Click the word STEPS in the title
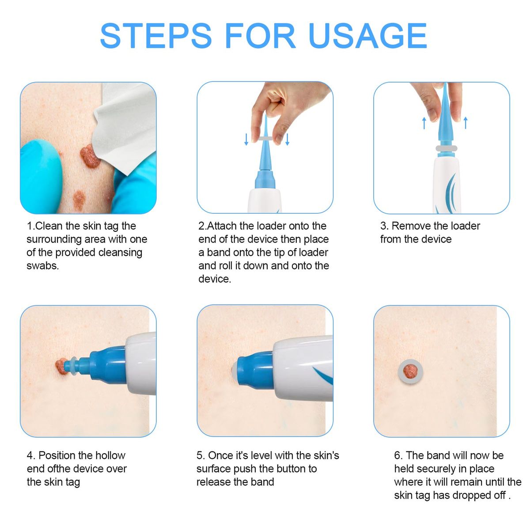point(155,36)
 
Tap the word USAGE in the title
point(368,36)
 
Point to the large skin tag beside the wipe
point(89,156)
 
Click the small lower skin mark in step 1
point(79,200)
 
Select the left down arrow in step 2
point(246,139)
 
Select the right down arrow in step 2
point(287,139)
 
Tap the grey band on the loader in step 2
point(266,139)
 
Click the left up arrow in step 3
point(424,123)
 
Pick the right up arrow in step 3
point(466,123)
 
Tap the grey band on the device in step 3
point(446,149)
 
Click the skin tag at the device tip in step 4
point(61,366)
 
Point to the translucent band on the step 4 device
point(72,366)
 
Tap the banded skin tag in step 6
point(410,371)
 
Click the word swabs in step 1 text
point(43,266)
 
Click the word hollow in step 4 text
point(109,455)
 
